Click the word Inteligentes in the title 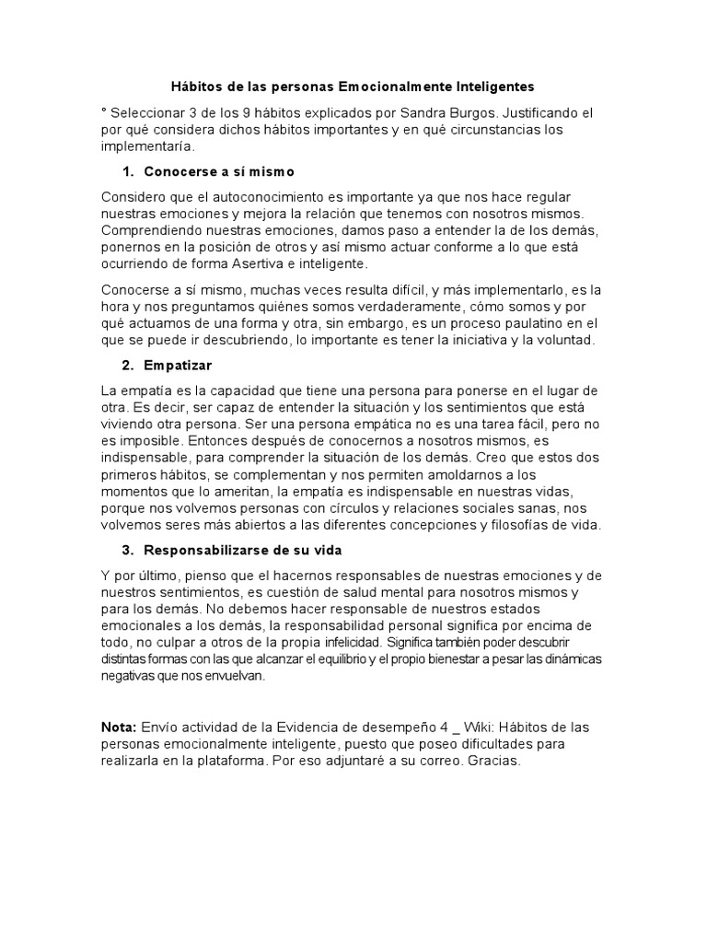494,87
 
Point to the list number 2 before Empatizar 126,366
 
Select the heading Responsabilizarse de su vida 243,550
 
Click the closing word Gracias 494,762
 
